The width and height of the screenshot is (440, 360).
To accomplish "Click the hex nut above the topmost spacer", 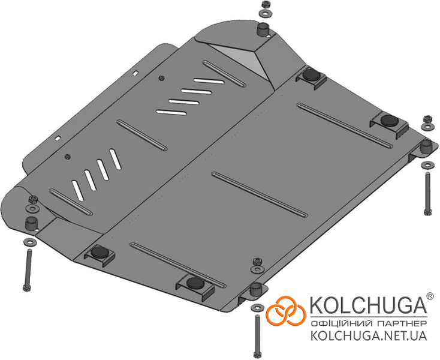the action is pyautogui.click(x=265, y=5).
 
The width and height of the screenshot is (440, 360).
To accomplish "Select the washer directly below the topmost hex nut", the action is pyautogui.click(x=264, y=13).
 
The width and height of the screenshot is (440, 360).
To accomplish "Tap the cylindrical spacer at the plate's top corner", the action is pyautogui.click(x=263, y=30).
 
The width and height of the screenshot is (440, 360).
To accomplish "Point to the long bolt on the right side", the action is pyautogui.click(x=427, y=194).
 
